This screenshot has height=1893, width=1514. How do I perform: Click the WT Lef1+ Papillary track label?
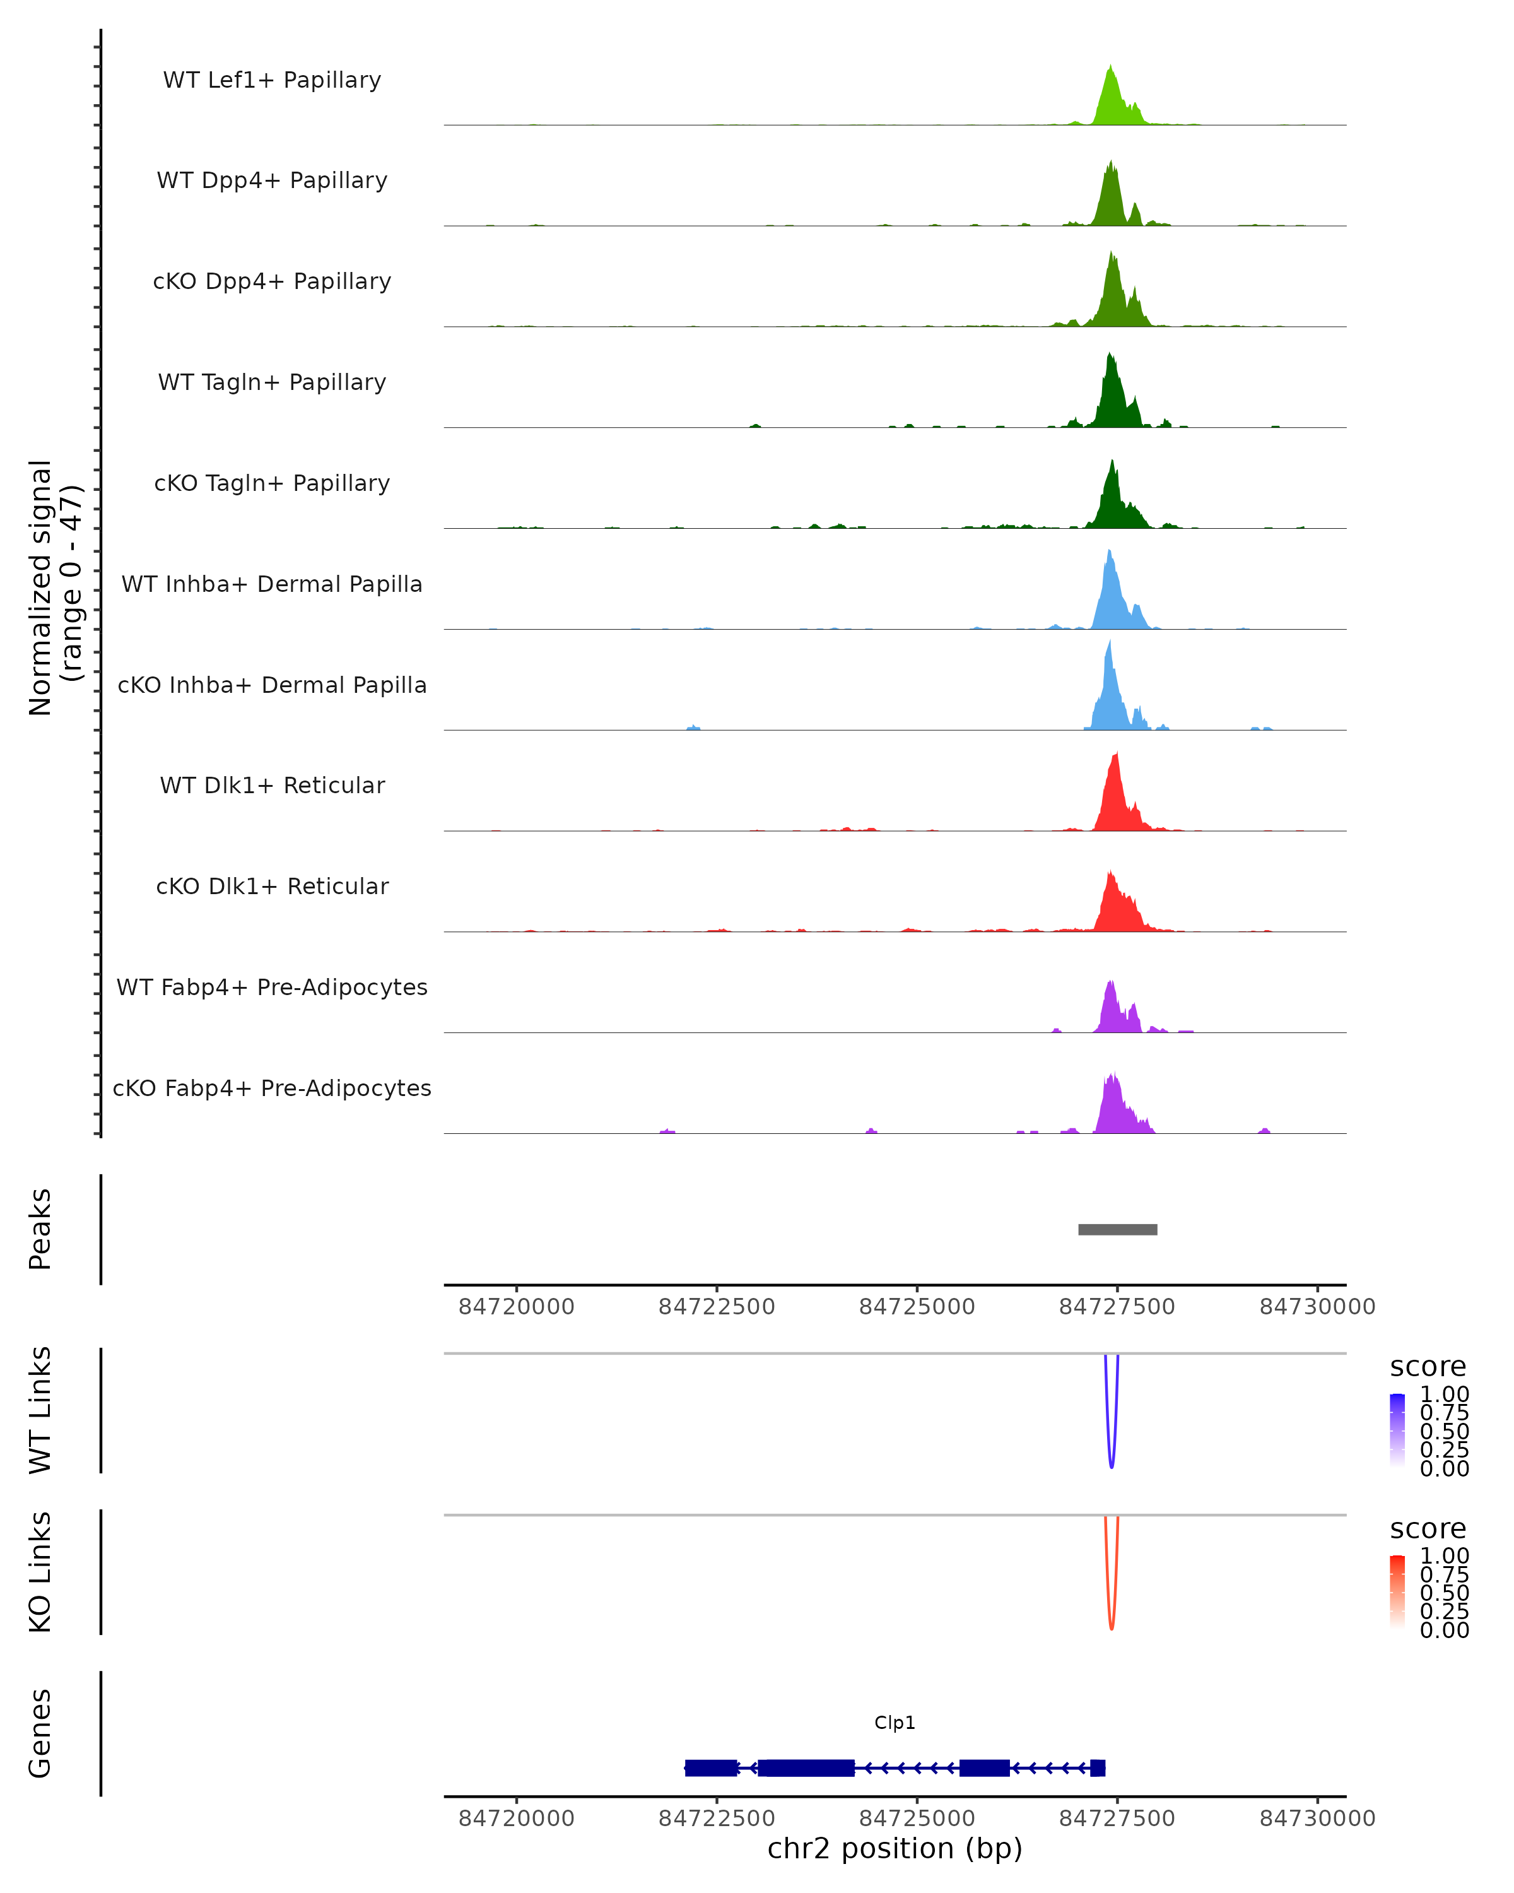click(272, 80)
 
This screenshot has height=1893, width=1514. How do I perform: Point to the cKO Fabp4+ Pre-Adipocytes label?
click(272, 1088)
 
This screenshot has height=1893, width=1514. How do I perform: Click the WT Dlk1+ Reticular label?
click(272, 785)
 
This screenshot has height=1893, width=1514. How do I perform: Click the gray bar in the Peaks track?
click(1117, 1229)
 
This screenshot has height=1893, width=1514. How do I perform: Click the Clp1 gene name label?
click(895, 1723)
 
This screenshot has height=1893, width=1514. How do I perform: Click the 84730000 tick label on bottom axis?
click(1317, 1819)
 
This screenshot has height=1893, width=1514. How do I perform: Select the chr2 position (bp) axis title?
click(895, 1849)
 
